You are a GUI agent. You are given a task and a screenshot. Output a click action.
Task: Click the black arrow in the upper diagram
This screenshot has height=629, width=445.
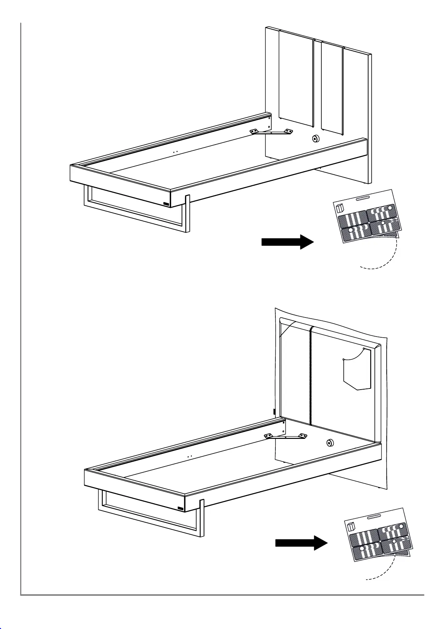coord(287,242)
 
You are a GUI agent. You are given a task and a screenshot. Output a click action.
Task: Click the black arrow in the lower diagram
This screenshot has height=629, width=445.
coord(301,543)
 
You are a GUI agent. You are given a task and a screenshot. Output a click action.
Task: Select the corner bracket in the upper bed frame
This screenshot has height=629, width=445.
coord(272,132)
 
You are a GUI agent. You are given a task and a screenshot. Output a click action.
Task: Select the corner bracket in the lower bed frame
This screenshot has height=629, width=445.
coord(285,436)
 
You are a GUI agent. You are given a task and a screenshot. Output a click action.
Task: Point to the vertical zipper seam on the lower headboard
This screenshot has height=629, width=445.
coord(310,374)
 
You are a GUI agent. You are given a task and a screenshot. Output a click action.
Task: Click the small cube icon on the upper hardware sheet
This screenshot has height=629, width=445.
coord(340,208)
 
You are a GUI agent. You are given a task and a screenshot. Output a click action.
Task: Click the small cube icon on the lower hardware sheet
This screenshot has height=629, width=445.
coord(351,527)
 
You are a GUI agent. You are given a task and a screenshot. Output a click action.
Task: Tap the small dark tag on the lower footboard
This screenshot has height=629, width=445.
coord(181,508)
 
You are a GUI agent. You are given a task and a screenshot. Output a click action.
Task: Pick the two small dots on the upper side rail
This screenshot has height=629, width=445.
coord(175,152)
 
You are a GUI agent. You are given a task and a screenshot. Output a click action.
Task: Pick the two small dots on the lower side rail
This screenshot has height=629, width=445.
coord(189,456)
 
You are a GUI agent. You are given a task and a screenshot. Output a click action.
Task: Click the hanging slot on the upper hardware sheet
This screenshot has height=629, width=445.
coord(363,198)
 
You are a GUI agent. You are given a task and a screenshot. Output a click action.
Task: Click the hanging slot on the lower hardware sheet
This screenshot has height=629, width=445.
coord(374,517)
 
